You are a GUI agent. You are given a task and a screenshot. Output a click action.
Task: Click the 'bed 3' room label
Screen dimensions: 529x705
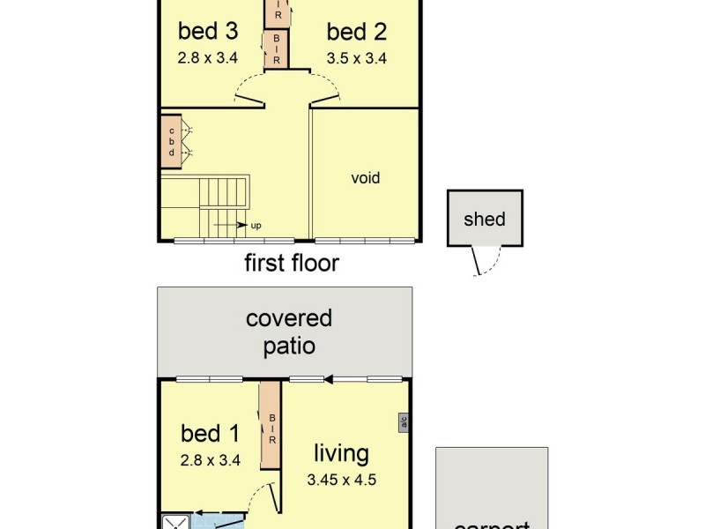point(208,32)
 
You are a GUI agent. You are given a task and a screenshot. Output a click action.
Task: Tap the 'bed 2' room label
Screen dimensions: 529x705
point(357,33)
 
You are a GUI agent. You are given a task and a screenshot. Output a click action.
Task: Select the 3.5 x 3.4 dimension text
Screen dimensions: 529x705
point(357,59)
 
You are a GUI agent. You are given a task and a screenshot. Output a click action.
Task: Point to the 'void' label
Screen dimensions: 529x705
point(366,178)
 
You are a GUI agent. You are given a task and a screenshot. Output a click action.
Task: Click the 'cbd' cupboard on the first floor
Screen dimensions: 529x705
point(171,140)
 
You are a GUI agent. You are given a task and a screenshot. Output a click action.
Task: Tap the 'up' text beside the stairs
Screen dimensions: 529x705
point(256,226)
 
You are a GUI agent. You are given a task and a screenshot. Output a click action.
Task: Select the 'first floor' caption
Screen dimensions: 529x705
point(291,263)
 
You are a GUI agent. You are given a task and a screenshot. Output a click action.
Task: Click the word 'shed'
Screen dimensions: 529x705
point(485,219)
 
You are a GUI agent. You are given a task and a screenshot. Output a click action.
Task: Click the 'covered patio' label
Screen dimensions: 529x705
point(289,331)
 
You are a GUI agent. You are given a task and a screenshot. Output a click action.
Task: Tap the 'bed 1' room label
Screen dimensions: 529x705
point(210,433)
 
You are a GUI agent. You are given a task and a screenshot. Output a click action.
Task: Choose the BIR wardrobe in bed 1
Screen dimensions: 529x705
point(271,428)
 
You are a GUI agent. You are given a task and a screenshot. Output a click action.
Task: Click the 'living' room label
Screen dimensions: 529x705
point(341,454)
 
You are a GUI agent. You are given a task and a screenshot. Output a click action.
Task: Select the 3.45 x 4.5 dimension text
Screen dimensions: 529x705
point(341,481)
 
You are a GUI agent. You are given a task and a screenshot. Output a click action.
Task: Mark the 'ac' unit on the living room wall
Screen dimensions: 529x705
point(403,422)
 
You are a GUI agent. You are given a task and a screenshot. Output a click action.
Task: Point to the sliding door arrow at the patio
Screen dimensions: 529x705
point(328,380)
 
